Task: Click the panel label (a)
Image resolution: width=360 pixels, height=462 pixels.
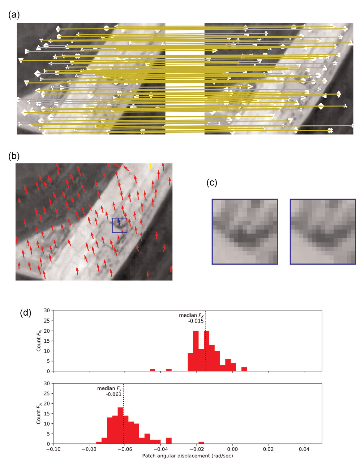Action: pyautogui.click(x=14, y=15)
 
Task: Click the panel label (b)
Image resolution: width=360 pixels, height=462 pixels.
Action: pyautogui.click(x=14, y=156)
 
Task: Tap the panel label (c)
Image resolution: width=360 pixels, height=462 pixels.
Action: pyautogui.click(x=212, y=183)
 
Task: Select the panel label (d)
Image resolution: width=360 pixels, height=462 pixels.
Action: pyautogui.click(x=26, y=313)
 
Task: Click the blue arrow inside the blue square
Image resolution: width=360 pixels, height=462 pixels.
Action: pyautogui.click(x=119, y=222)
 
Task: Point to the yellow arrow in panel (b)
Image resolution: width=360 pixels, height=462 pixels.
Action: pyautogui.click(x=151, y=166)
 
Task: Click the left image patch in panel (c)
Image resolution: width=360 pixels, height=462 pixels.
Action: pyautogui.click(x=245, y=231)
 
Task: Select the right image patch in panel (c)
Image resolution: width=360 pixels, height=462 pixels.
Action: pyautogui.click(x=323, y=231)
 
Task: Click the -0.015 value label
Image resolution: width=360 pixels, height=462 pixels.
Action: pyautogui.click(x=196, y=321)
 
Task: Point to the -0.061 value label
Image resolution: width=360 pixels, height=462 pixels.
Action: pyautogui.click(x=114, y=394)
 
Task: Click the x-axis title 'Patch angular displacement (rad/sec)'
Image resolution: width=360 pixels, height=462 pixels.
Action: pyautogui.click(x=187, y=456)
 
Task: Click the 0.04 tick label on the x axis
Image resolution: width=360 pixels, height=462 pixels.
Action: pyautogui.click(x=304, y=449)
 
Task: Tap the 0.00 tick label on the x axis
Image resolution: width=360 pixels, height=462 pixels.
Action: pyautogui.click(x=232, y=449)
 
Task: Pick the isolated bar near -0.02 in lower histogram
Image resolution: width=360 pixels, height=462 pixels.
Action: pyautogui.click(x=201, y=443)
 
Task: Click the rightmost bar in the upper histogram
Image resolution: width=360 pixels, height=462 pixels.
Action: pyautogui.click(x=244, y=369)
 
